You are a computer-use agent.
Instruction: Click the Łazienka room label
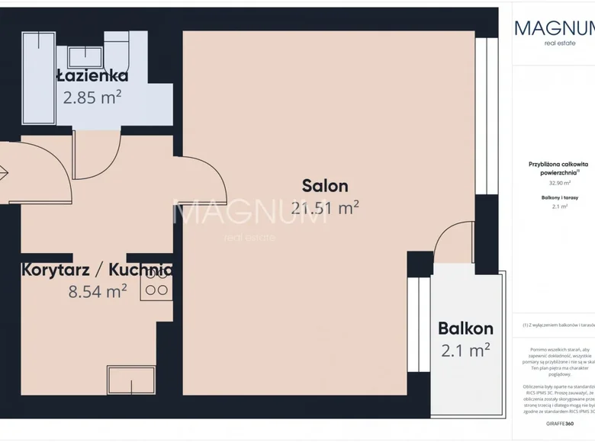[92, 76]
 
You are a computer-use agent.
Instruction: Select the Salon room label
[325, 186]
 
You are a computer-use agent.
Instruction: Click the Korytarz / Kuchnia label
[97, 270]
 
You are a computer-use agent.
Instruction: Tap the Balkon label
[465, 329]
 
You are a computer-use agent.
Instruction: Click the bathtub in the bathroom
[39, 80]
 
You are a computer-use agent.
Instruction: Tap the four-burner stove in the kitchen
[156, 283]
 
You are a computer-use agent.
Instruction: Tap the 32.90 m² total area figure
[555, 184]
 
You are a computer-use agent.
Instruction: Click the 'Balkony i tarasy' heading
[555, 197]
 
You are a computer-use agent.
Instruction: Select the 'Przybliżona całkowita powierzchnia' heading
[555, 168]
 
